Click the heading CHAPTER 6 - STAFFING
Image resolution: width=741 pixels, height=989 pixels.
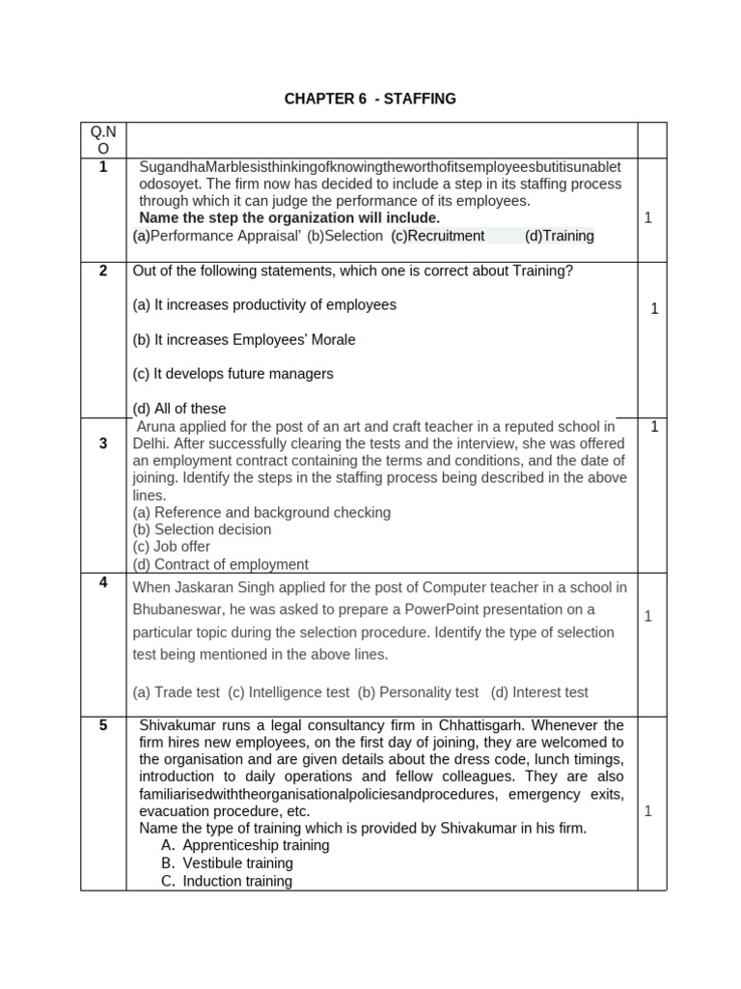(x=370, y=99)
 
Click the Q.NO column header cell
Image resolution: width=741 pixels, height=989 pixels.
(x=103, y=139)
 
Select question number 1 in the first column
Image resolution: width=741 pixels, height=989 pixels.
(x=103, y=167)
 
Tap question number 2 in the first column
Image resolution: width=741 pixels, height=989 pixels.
(x=103, y=270)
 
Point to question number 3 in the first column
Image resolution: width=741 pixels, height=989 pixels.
(x=103, y=443)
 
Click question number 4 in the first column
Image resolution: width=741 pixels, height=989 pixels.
(x=103, y=582)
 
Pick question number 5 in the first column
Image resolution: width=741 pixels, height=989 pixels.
(x=103, y=725)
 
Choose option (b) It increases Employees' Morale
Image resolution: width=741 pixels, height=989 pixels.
(x=244, y=339)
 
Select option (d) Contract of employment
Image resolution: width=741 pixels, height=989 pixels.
(x=221, y=564)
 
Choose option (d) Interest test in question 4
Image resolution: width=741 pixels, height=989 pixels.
(x=539, y=692)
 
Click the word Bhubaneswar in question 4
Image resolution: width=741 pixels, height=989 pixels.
(x=179, y=609)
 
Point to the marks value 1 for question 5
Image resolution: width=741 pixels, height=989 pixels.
(x=648, y=811)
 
